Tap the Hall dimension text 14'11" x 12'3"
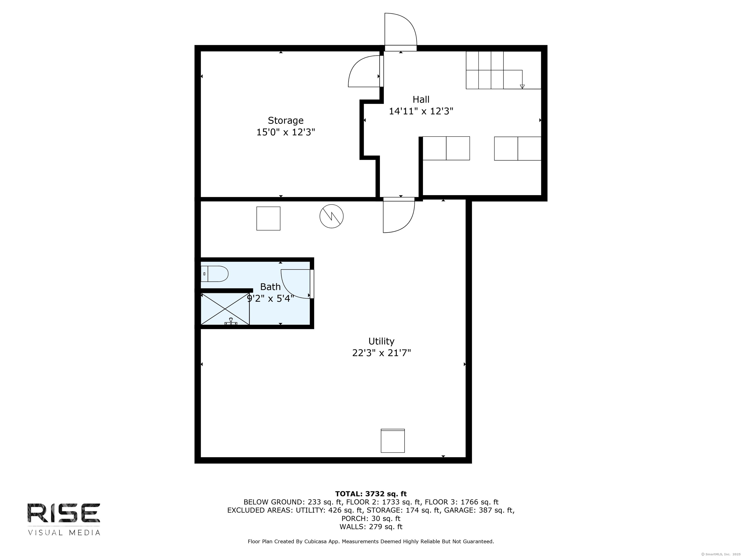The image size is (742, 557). click(x=421, y=111)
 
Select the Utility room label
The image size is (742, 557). click(x=381, y=341)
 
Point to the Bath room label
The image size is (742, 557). click(x=270, y=287)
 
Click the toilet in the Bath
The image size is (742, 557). click(x=215, y=274)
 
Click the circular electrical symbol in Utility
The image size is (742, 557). click(x=331, y=217)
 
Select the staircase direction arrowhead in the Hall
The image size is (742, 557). click(x=522, y=87)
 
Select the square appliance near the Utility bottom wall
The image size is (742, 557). click(x=392, y=440)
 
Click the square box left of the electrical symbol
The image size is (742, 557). click(x=268, y=219)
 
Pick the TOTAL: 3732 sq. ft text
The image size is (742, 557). click(x=371, y=494)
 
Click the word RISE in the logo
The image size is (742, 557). click(x=64, y=513)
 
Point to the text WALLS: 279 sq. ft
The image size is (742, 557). click(x=371, y=527)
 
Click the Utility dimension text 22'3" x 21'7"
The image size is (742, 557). click(x=381, y=353)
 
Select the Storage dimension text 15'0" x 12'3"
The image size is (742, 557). click(x=285, y=132)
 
